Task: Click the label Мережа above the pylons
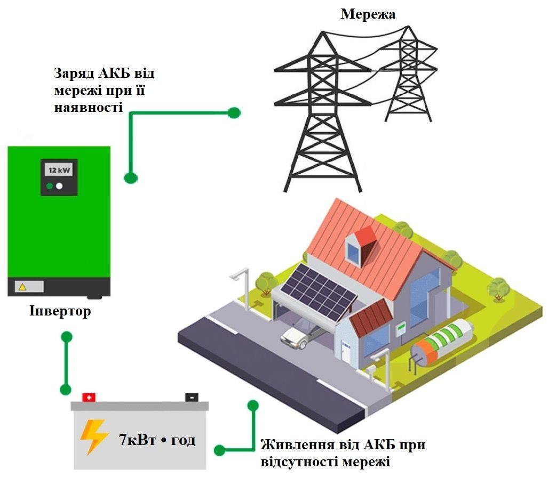point(368,14)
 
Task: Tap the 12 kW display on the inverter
point(59,171)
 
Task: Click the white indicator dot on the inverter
point(60,187)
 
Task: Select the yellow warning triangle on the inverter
point(22,287)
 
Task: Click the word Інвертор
point(60,311)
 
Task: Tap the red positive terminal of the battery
point(89,397)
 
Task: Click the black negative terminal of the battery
point(191,397)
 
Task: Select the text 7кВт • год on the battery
point(157,440)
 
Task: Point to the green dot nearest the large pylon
point(233,112)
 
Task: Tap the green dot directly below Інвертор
point(67,337)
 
